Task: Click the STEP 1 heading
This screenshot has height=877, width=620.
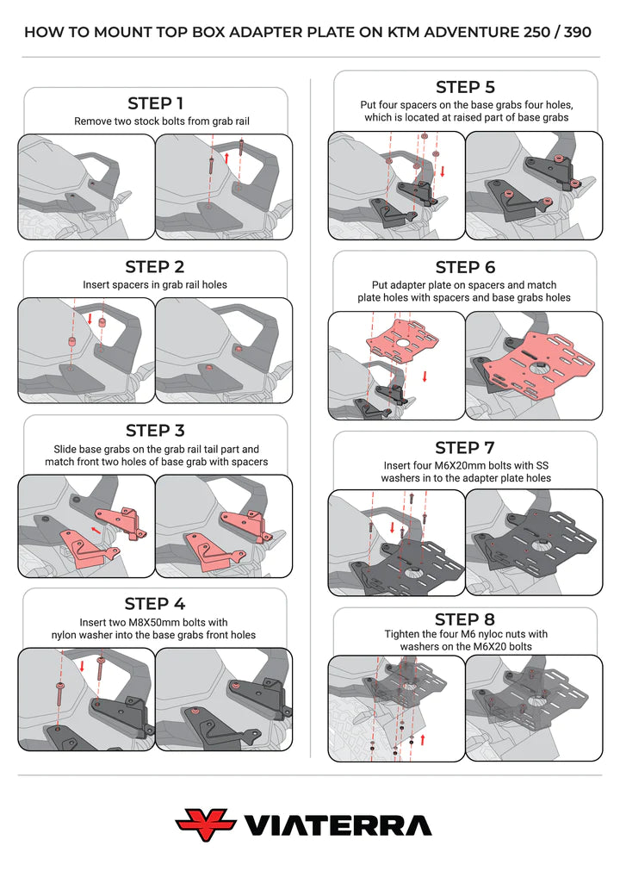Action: (x=155, y=103)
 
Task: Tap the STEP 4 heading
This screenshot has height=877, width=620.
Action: (x=155, y=604)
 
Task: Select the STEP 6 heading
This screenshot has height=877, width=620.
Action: (x=465, y=267)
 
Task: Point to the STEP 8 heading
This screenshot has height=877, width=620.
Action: (x=465, y=619)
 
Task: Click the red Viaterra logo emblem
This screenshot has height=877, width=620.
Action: (x=206, y=825)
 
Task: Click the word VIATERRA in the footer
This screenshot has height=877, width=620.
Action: (x=338, y=826)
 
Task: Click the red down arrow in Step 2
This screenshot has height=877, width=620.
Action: (x=90, y=318)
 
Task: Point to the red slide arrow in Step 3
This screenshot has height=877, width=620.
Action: (x=96, y=529)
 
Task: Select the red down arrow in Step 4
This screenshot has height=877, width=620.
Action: (x=82, y=666)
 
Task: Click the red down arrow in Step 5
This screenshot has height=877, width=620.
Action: (x=443, y=171)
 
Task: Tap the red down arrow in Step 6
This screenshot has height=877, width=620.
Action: (x=425, y=376)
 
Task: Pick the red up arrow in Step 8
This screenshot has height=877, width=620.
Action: (x=423, y=739)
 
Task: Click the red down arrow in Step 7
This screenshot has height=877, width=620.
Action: (x=393, y=528)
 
